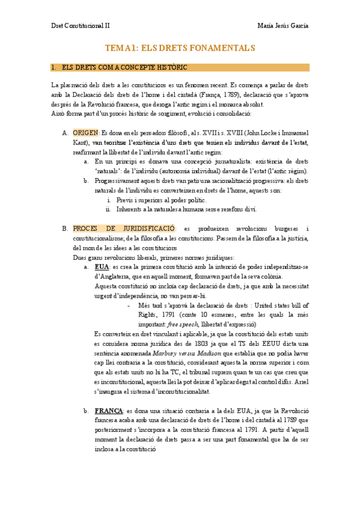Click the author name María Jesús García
point(282,26)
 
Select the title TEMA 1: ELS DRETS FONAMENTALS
point(180,48)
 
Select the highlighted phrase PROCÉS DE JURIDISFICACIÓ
point(123,229)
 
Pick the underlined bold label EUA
point(102,266)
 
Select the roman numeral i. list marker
point(109,200)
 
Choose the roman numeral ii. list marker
point(108,209)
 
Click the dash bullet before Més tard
point(130,305)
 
